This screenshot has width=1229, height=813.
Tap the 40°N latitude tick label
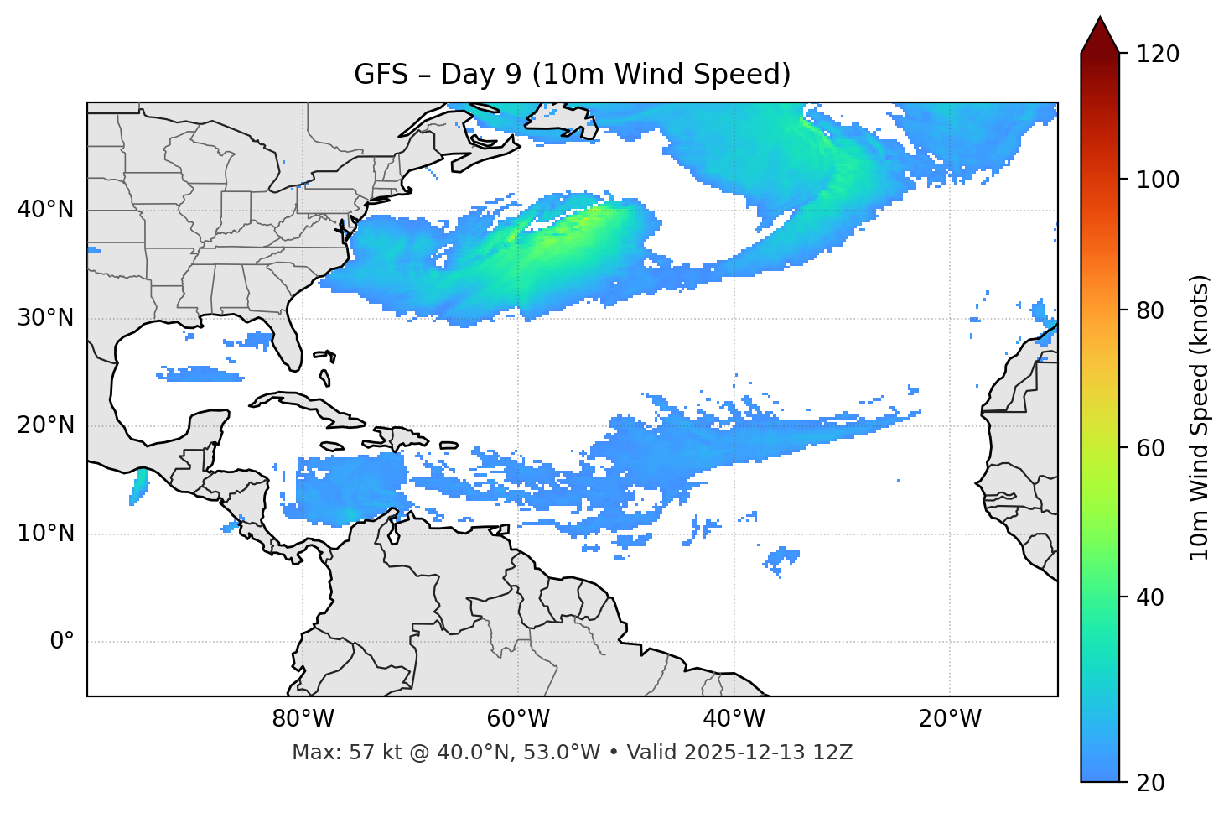click(x=45, y=210)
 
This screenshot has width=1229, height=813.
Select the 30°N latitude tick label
click(x=45, y=318)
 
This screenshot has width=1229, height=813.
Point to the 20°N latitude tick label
click(x=45, y=425)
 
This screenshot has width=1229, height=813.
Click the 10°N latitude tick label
click(x=45, y=534)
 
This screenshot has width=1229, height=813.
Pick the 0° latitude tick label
click(x=61, y=642)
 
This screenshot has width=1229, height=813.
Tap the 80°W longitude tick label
click(x=303, y=719)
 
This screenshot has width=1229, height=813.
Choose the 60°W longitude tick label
click(x=518, y=719)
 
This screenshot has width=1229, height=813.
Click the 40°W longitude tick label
click(x=734, y=719)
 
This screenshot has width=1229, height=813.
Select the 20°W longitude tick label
click(x=950, y=719)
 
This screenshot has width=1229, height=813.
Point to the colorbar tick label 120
click(x=1158, y=55)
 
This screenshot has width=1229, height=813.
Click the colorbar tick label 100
click(x=1158, y=180)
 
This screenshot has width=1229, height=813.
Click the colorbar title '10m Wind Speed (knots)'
click(x=1200, y=417)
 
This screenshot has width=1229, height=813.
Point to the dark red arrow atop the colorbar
click(x=1100, y=35)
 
